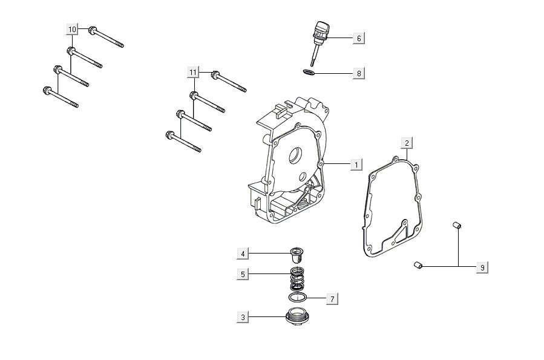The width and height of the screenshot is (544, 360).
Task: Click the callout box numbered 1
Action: [356, 164]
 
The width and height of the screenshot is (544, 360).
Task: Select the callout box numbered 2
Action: [407, 143]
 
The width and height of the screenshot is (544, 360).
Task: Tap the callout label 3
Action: [243, 316]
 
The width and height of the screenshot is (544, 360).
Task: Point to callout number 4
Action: [243, 253]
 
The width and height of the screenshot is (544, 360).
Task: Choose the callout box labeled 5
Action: [243, 274]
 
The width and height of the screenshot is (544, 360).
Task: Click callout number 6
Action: [359, 38]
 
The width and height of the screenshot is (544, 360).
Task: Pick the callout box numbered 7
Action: [332, 298]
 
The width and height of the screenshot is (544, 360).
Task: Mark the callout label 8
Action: [359, 73]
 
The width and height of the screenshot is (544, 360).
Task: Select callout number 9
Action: [482, 267]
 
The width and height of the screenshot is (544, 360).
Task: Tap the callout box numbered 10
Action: [72, 29]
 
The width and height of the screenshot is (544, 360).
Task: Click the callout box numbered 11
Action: [193, 73]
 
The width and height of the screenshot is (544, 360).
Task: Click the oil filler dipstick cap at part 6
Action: [320, 30]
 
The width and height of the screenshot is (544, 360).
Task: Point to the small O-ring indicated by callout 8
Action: [308, 73]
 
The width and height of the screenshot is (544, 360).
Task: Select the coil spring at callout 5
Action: [297, 278]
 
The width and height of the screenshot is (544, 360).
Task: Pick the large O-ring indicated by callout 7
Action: [297, 298]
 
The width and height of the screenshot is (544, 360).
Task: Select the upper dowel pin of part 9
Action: [458, 226]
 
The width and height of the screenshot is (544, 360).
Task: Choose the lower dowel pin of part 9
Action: [417, 264]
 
